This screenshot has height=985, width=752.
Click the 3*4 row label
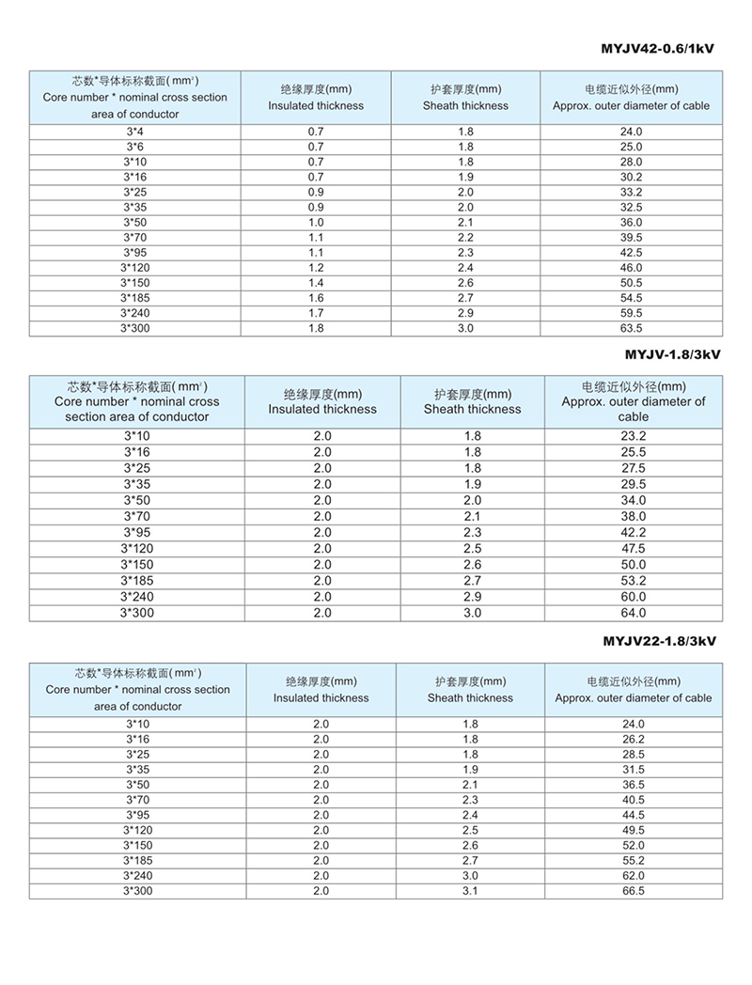click(x=134, y=132)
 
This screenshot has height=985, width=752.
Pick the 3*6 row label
click(x=134, y=147)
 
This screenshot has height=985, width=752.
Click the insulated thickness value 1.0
click(x=316, y=222)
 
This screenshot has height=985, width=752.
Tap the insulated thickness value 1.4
click(x=316, y=283)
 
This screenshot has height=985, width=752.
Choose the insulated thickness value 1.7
click(x=316, y=313)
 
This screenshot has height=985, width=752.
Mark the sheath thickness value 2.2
click(x=465, y=238)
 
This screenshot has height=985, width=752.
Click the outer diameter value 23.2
click(x=634, y=436)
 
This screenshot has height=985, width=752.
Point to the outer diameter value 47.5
click(x=634, y=548)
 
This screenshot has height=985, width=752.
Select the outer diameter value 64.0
click(x=634, y=613)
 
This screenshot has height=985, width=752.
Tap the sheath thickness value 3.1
click(x=470, y=890)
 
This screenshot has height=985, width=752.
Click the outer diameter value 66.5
click(x=634, y=890)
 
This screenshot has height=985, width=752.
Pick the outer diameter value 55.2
click(x=634, y=860)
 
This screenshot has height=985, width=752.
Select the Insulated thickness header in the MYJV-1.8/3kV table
click(x=322, y=401)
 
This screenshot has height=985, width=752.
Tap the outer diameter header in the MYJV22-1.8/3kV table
click(x=634, y=690)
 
